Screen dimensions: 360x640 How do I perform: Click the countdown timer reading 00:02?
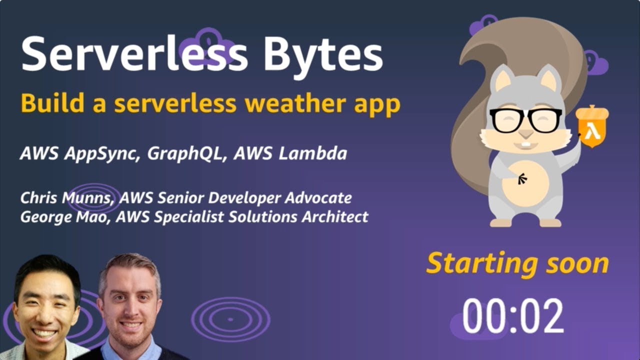click(513, 316)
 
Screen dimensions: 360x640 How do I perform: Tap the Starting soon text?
click(517, 263)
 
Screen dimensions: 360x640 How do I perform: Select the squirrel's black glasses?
click(525, 120)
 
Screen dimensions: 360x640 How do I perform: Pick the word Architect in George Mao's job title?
click(339, 217)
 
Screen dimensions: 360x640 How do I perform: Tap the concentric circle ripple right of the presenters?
click(230, 319)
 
